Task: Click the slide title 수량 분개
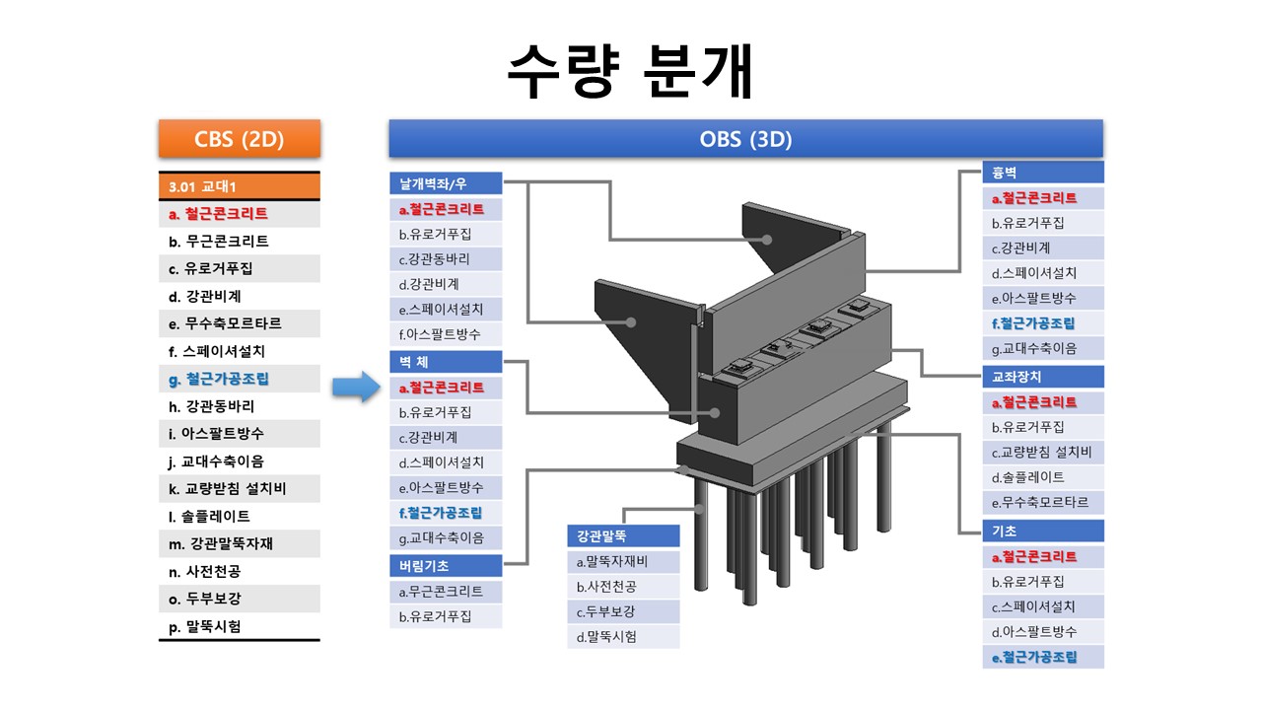pos(630,71)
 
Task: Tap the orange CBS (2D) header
pos(240,139)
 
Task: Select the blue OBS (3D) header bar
pos(746,139)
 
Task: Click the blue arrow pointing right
pos(356,387)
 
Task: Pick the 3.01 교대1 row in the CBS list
pos(240,186)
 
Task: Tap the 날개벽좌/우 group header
pos(446,183)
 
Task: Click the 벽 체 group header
pos(446,362)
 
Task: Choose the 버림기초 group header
pos(446,566)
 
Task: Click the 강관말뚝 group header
pos(623,535)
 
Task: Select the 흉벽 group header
pos(1043,173)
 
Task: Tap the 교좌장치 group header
pos(1043,377)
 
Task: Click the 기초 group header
pos(1043,531)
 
